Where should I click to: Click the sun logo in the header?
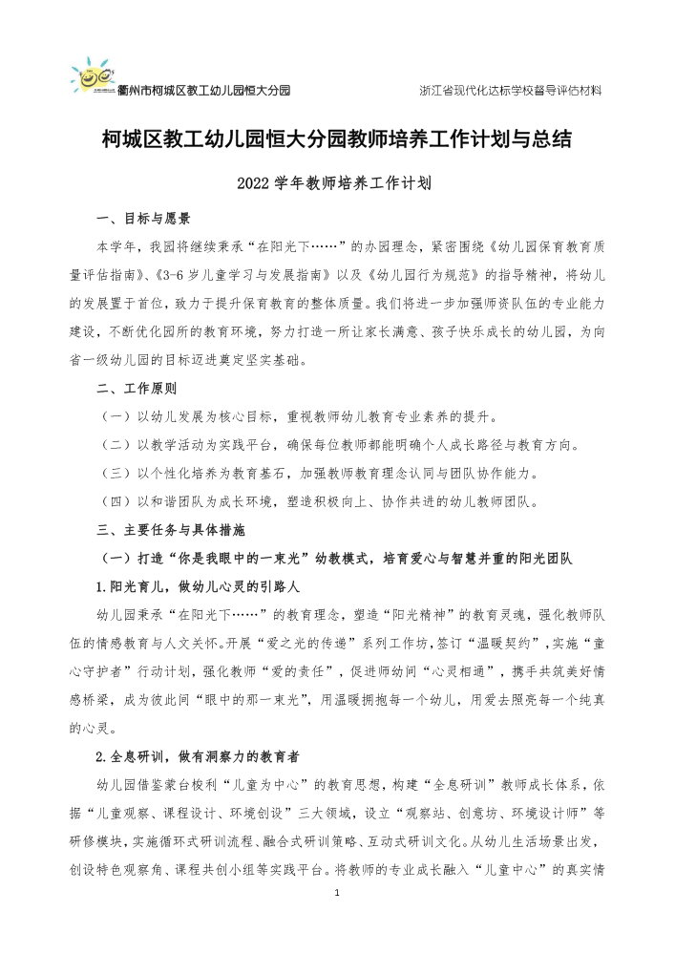(x=92, y=74)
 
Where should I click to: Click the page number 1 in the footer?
(x=338, y=891)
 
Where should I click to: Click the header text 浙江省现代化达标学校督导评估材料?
(x=510, y=91)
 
